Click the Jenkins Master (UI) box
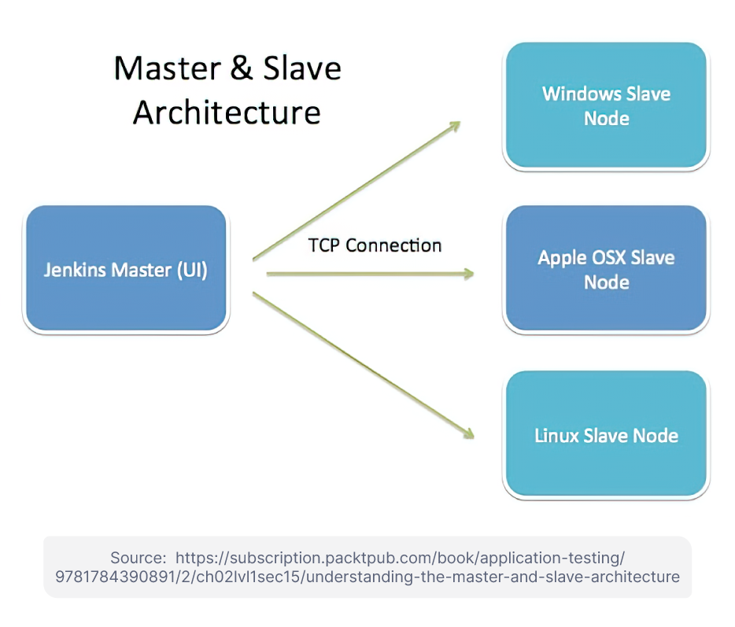(x=126, y=269)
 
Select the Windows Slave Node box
(x=606, y=105)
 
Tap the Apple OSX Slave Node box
(x=606, y=269)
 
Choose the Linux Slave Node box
(x=606, y=434)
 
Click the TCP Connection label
(x=375, y=245)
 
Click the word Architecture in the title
(x=227, y=112)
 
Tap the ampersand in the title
(x=242, y=69)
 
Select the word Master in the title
(x=166, y=69)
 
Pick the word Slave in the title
(x=302, y=69)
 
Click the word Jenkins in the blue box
(x=74, y=270)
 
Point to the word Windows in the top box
(x=572, y=94)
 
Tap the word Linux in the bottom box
(x=556, y=435)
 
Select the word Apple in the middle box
(x=562, y=258)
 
